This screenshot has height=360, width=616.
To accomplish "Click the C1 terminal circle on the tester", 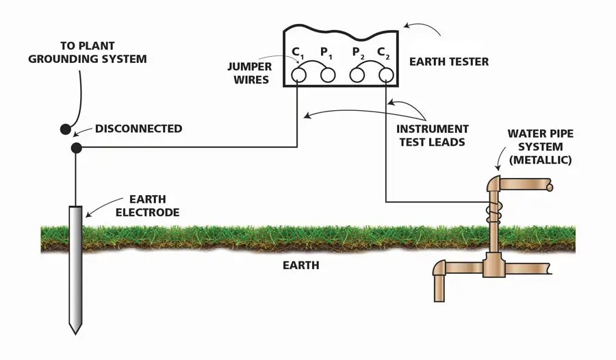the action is pos(298,75).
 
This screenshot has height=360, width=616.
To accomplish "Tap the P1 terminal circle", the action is pos(328,75).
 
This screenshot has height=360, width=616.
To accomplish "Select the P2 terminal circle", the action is pos(357,75).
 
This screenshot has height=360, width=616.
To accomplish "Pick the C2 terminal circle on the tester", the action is pos(386,75).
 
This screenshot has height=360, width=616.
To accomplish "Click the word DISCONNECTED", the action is pos(139,129).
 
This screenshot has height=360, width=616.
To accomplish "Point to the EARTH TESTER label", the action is pos(449,62).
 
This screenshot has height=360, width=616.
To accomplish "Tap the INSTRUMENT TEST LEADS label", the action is pos(432,136).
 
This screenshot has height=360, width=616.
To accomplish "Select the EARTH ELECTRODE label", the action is pos(148,205).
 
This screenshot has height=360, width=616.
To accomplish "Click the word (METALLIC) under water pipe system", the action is pos(540,160).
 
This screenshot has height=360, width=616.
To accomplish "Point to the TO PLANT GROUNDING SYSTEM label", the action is pos(87,52).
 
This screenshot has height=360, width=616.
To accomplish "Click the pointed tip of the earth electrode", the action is pos(75,334).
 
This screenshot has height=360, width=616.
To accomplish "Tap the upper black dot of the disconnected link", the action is pos(65,129).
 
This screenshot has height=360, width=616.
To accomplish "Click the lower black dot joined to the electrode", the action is pos(76,148).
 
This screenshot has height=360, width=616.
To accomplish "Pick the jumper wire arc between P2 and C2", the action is pos(371,62).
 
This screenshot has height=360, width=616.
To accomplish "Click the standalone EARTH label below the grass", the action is pos(301,266).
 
